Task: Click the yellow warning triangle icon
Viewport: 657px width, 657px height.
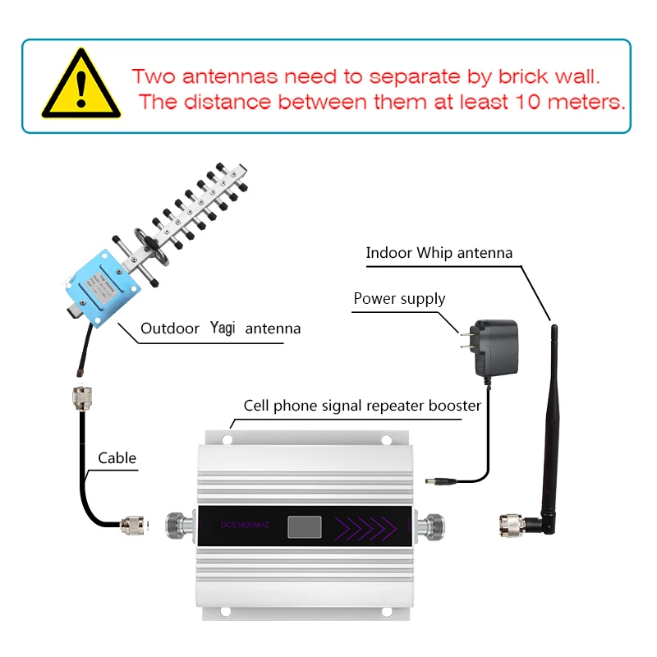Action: click(77, 85)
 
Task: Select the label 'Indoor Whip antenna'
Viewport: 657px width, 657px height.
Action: click(439, 253)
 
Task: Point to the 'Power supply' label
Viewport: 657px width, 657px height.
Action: click(399, 298)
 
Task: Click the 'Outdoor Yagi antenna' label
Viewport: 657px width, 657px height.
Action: click(220, 328)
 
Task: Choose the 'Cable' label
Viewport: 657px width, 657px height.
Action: click(117, 458)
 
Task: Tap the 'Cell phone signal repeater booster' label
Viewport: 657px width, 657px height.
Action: click(362, 406)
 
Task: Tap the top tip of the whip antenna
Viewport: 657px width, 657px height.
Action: click(554, 328)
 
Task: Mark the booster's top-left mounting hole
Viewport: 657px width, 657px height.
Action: click(227, 439)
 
